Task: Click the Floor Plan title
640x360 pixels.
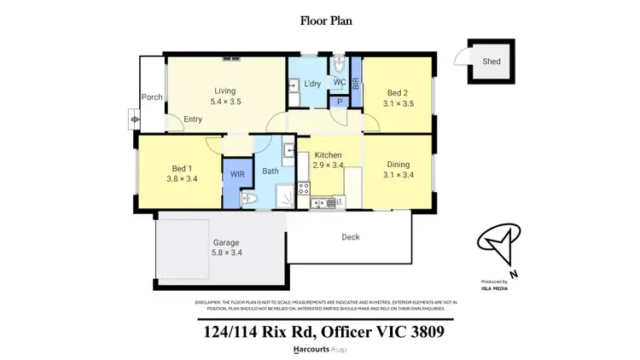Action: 320,19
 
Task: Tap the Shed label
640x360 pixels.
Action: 492,61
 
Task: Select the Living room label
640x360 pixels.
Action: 225,91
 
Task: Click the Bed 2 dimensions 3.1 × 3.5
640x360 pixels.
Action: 400,103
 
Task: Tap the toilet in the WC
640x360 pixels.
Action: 340,66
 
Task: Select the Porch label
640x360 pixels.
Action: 152,97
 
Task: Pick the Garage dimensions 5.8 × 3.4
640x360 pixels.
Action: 226,253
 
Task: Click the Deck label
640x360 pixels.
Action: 350,237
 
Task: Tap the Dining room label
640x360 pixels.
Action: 398,165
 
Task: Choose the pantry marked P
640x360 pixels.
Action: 340,102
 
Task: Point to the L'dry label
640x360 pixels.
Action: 312,83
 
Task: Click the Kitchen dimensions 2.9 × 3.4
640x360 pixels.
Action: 328,165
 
